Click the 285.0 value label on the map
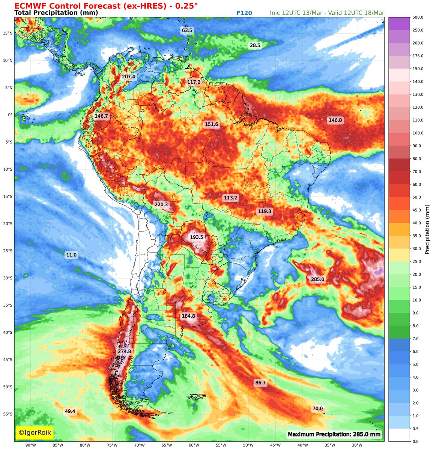(x=317, y=279)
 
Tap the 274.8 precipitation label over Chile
(x=125, y=351)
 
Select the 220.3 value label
(x=161, y=204)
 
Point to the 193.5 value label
(x=196, y=237)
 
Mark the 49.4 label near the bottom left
(x=70, y=411)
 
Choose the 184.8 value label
(x=188, y=316)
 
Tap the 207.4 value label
(x=128, y=76)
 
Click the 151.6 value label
(x=212, y=124)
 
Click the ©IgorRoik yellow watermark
(x=35, y=432)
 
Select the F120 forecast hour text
(x=244, y=13)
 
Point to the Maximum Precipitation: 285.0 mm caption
(x=334, y=435)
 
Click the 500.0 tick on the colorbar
(x=407, y=17)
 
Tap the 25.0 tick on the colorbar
(x=407, y=261)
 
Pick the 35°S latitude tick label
(x=8, y=305)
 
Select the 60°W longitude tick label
(x=194, y=445)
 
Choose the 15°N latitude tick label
(x=8, y=33)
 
